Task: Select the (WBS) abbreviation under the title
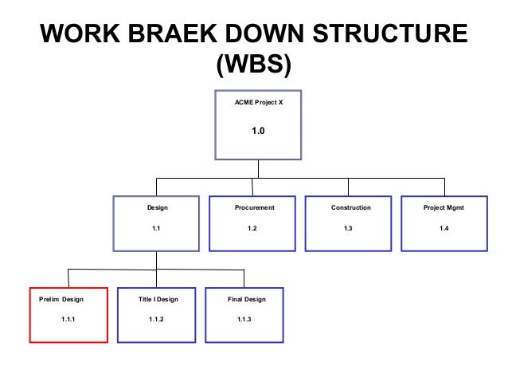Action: pos(254,66)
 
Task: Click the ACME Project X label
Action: pos(257,104)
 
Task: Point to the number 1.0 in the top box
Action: pos(257,132)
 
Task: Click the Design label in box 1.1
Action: pos(157,207)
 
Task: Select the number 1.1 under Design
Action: pos(157,229)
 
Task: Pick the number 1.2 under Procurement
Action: pos(252,229)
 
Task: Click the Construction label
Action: pos(351,207)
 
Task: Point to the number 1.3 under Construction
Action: pos(348,229)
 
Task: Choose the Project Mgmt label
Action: pos(444,207)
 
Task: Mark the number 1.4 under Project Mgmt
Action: pos(444,229)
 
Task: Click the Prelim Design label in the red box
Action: pos(61,299)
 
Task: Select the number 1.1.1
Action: pos(68,320)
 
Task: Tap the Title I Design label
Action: pos(158,299)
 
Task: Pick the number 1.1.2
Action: pos(156,320)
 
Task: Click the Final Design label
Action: pos(247,299)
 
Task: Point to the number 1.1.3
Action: pos(244,320)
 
